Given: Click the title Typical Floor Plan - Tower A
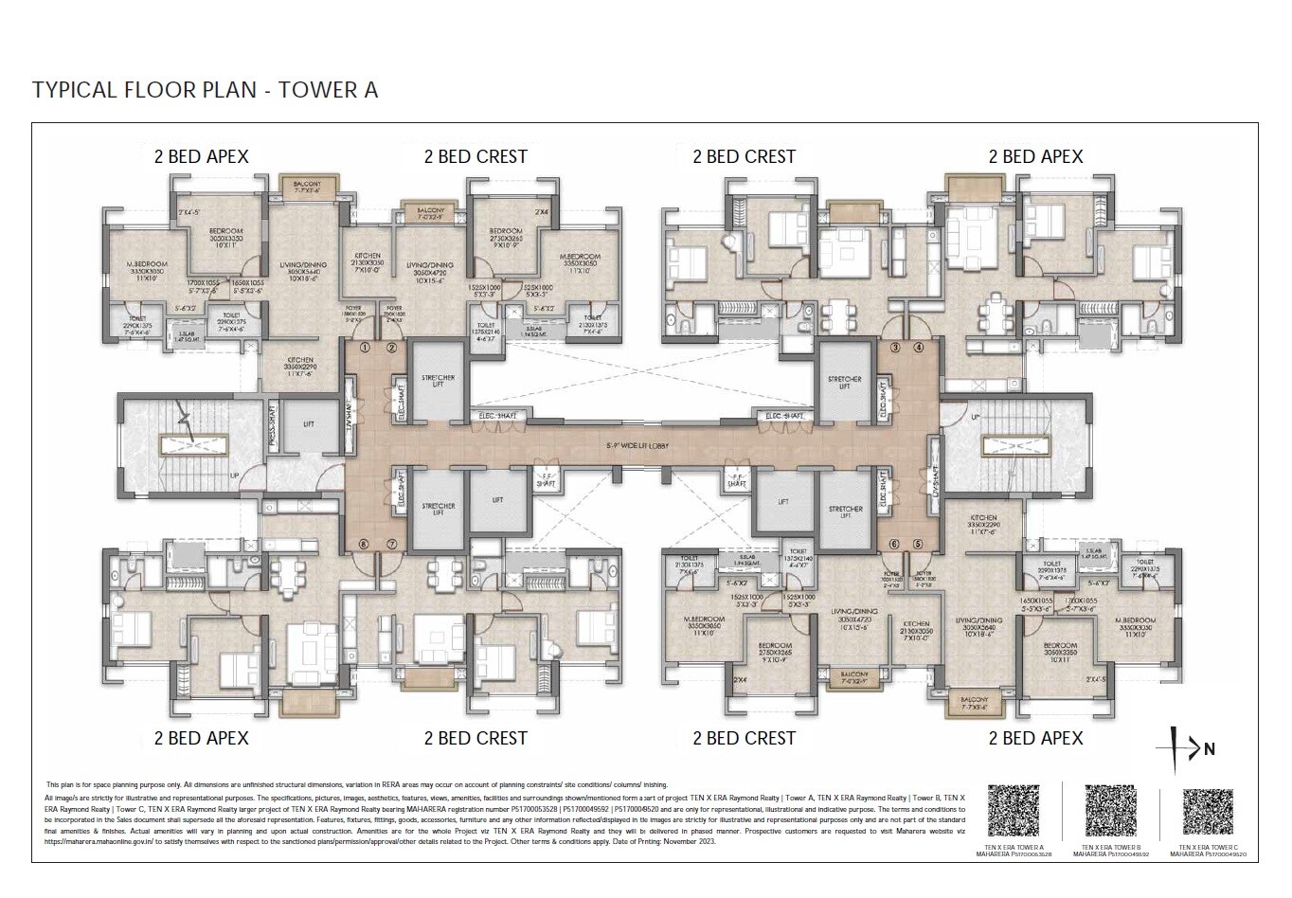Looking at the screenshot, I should tap(205, 90).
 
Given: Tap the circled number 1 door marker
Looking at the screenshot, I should tap(364, 348).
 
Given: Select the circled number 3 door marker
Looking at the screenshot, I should tap(895, 348).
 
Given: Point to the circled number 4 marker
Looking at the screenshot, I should tap(918, 348).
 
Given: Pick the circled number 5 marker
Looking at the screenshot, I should tap(918, 544).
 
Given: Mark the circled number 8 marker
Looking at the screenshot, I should tap(364, 544).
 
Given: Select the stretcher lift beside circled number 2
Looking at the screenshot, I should tap(437, 382).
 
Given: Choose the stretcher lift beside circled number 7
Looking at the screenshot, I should tap(437, 511).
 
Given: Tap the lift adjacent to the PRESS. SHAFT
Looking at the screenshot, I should tap(308, 426).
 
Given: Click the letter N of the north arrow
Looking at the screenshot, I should tap(1210, 750).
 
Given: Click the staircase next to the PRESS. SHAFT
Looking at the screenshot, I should tap(189, 443).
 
